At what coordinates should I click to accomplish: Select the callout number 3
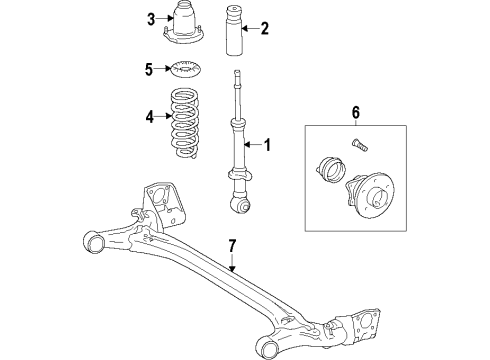pos(151,19)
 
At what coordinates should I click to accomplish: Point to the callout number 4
pos(151,117)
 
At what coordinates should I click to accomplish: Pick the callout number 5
pos(149,70)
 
